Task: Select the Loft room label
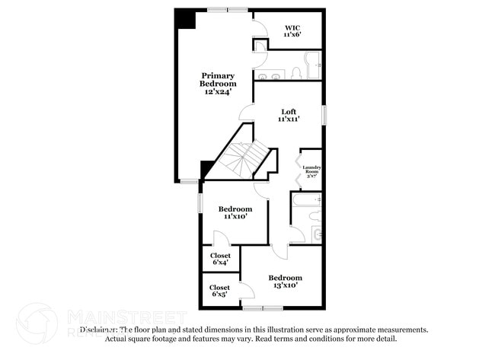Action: (288, 115)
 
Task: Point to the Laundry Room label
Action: (311, 170)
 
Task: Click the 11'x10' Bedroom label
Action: (235, 212)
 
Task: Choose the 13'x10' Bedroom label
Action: (285, 282)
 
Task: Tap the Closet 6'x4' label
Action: (220, 259)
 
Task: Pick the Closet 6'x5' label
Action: (220, 290)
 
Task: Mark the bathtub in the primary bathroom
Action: (314, 65)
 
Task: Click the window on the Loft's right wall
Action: (324, 115)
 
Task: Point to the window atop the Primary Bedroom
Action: (227, 9)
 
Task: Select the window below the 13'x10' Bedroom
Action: (263, 308)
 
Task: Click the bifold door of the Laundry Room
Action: (297, 170)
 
